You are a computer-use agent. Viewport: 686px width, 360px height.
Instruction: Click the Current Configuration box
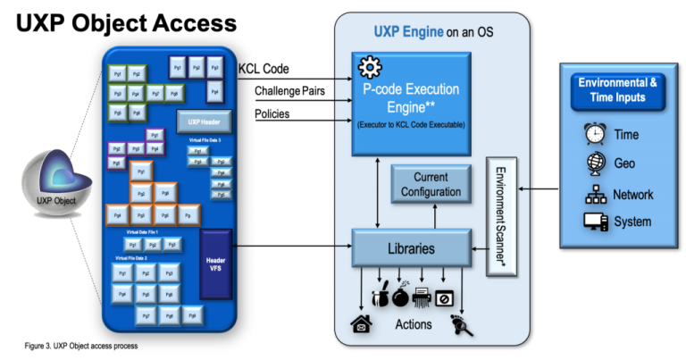coord(431,185)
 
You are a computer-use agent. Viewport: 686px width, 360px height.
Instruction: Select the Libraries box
coord(412,248)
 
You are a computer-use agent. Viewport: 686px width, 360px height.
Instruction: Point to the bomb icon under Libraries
coord(399,296)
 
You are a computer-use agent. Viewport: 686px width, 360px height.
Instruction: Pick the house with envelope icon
coord(361,324)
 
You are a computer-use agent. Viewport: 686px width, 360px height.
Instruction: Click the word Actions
coord(413,324)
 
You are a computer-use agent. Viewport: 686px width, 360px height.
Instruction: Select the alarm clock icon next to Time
coord(594,134)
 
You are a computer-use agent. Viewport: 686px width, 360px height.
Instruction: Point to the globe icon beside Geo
coord(594,163)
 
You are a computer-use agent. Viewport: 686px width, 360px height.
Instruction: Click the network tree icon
coord(594,194)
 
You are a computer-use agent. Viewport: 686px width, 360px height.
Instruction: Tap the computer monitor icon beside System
coord(594,222)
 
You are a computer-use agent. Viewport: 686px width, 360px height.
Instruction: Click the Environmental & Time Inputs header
coord(617,89)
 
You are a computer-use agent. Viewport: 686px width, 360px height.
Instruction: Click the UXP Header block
coord(204,121)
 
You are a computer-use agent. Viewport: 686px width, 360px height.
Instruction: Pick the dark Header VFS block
coord(215,263)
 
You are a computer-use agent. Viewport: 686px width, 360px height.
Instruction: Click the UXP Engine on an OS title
coord(433,33)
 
